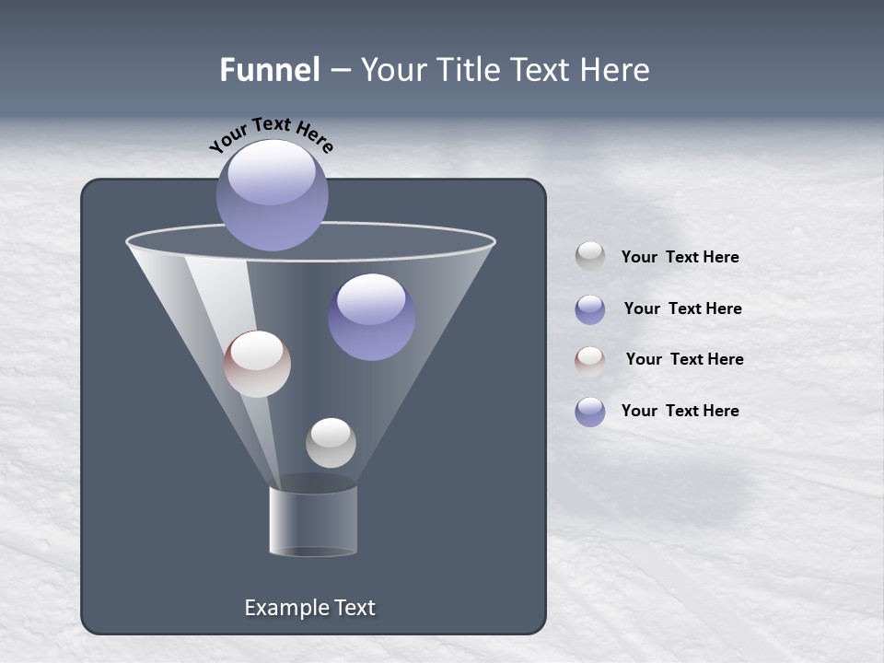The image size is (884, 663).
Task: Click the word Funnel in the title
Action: pyautogui.click(x=269, y=70)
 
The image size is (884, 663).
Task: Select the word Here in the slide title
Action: pyautogui.click(x=615, y=70)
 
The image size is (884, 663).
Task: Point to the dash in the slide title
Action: pyautogui.click(x=339, y=71)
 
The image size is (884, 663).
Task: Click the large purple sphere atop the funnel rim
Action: pyautogui.click(x=273, y=195)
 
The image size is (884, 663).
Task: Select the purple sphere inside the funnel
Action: pyautogui.click(x=371, y=317)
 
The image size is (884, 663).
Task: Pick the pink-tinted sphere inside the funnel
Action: pyautogui.click(x=257, y=365)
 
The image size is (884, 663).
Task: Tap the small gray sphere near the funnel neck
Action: pyautogui.click(x=331, y=443)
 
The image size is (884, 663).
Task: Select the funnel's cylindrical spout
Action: pyautogui.click(x=313, y=521)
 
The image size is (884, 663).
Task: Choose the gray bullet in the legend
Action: pyautogui.click(x=590, y=256)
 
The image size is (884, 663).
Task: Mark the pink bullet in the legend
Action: pyautogui.click(x=590, y=360)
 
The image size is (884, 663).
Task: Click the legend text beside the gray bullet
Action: pyautogui.click(x=680, y=258)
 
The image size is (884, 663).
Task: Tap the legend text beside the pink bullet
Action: pyautogui.click(x=684, y=359)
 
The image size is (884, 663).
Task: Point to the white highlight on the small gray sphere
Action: pyautogui.click(x=330, y=431)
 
